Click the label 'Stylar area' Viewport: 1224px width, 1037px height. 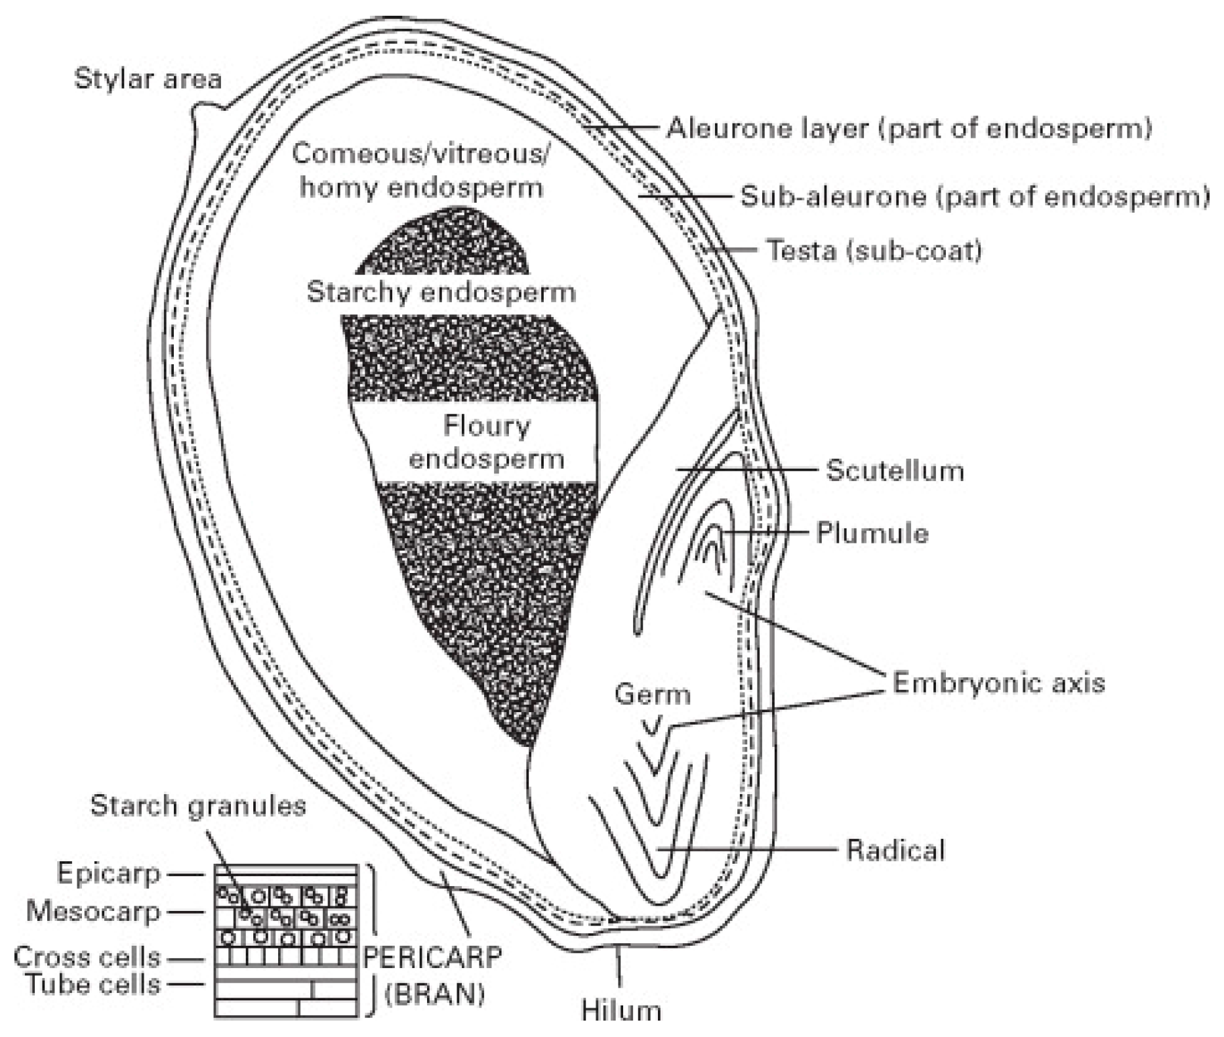[x=148, y=79]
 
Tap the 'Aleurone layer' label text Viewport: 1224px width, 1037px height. [x=909, y=128]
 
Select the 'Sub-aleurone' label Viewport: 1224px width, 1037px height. [x=975, y=196]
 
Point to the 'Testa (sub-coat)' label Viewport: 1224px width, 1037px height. [x=874, y=250]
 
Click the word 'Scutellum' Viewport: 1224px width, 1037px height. [x=895, y=471]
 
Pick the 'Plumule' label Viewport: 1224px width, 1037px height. [x=872, y=533]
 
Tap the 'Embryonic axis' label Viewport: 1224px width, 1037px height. [x=998, y=683]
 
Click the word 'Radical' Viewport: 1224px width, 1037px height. [x=895, y=850]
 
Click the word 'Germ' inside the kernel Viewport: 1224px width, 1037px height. [x=653, y=694]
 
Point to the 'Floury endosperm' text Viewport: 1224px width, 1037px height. [x=486, y=442]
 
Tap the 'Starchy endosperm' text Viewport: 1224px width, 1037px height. [x=441, y=292]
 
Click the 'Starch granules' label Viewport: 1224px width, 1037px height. [x=198, y=805]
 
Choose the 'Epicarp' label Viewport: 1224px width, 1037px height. [x=109, y=874]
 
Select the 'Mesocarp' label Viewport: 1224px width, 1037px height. [x=93, y=911]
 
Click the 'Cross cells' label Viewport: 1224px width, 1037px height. [x=87, y=958]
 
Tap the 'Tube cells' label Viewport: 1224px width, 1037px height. [x=93, y=984]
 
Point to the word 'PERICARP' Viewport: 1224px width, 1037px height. [x=432, y=958]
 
